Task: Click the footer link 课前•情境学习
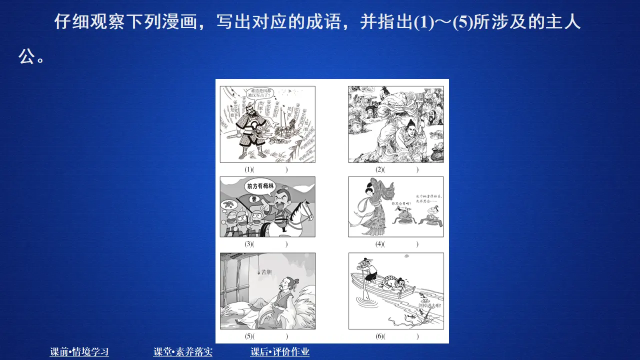pos(79,352)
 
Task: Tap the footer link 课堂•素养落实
pos(183,352)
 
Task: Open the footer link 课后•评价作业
pos(280,352)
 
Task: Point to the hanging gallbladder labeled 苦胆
pos(259,273)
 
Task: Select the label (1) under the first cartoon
pos(248,169)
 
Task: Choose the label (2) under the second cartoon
pos(379,169)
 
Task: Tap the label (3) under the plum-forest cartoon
pos(248,244)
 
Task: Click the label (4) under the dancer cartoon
pos(379,244)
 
